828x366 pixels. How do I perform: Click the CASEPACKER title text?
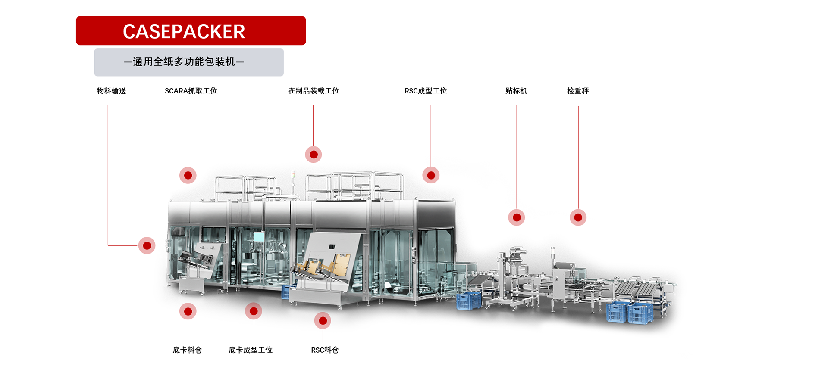184,31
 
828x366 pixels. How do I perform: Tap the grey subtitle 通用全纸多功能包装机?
184,62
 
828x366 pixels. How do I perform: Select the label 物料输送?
111,91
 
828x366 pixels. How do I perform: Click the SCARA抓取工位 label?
191,91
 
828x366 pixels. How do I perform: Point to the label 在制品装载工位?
314,91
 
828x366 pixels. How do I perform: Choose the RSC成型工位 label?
426,91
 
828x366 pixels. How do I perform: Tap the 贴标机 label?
516,91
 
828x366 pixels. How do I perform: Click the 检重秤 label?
578,91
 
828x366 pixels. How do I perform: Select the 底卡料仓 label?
187,350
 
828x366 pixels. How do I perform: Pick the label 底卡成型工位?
251,350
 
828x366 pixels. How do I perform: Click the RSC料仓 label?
325,350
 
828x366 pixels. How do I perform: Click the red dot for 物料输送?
147,246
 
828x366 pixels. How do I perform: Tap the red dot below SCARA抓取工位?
188,175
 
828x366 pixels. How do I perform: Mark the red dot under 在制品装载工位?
314,155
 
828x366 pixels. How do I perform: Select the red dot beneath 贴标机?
517,217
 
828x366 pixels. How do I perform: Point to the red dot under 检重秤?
578,217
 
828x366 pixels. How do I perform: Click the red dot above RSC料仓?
323,321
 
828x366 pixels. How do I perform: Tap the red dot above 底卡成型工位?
254,311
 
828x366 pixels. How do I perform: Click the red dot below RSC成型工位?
431,175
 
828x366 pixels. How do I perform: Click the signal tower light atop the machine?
293,175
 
